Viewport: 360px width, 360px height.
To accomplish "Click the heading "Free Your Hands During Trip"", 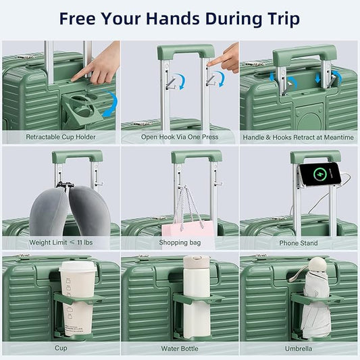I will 179,18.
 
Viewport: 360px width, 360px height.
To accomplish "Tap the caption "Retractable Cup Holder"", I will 61,137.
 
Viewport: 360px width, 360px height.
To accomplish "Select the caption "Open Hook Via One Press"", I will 180,137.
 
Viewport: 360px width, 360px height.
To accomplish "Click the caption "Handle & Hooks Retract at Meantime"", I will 298,137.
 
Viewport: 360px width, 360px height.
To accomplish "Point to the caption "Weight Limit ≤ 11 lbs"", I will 60,242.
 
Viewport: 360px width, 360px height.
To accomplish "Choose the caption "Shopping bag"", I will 180,242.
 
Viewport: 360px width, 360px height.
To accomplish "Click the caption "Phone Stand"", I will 298,242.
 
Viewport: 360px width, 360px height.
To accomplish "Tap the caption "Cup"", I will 61,349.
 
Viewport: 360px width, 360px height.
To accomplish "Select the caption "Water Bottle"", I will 180,349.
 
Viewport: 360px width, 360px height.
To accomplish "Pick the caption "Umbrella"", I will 298,349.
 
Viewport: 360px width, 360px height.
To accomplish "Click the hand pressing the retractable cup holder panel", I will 100,68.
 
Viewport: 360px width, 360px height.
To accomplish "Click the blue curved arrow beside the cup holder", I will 112,103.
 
